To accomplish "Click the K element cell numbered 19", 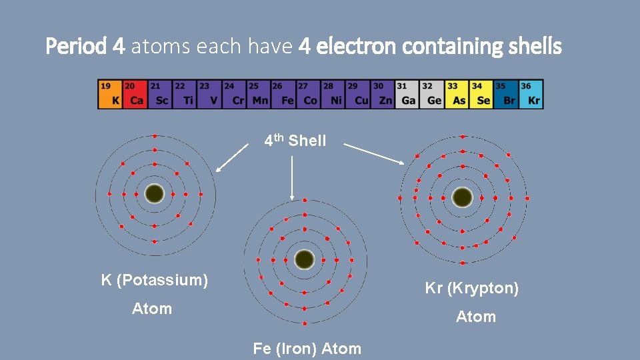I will [x=110, y=94].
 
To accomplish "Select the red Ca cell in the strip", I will [x=135, y=94].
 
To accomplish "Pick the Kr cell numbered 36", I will [x=531, y=94].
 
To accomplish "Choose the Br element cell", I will [x=506, y=94].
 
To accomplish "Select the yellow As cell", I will [x=457, y=94].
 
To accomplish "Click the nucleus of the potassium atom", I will [x=155, y=193].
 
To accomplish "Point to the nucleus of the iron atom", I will [x=305, y=259].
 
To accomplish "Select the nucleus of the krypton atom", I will [x=462, y=197].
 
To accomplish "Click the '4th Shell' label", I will [x=295, y=141].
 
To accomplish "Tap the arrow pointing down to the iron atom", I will [x=292, y=177].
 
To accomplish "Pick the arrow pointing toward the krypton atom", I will [x=374, y=155].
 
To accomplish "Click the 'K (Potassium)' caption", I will [x=155, y=280].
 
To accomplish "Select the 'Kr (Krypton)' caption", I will [x=472, y=289].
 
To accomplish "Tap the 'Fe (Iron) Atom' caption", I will [x=307, y=348].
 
